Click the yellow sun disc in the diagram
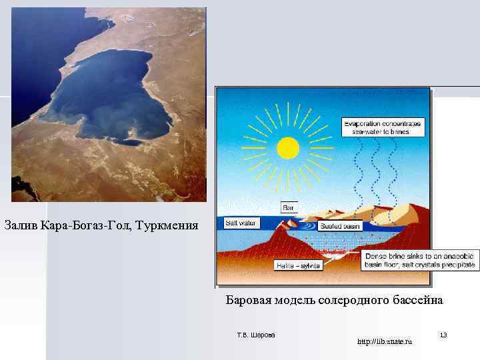pyautogui.click(x=287, y=147)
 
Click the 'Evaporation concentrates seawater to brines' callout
pyautogui.click(x=384, y=127)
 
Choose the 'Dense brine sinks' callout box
pyautogui.click(x=419, y=260)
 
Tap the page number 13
pyautogui.click(x=443, y=334)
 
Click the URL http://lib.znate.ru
pyautogui.click(x=385, y=341)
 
